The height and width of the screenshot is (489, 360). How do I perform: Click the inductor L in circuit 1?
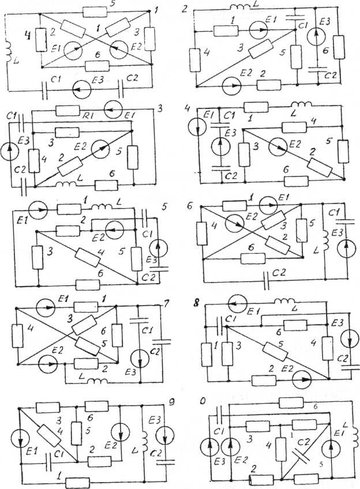pos(10,50)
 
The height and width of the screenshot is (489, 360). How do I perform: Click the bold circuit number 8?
pos(201,300)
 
